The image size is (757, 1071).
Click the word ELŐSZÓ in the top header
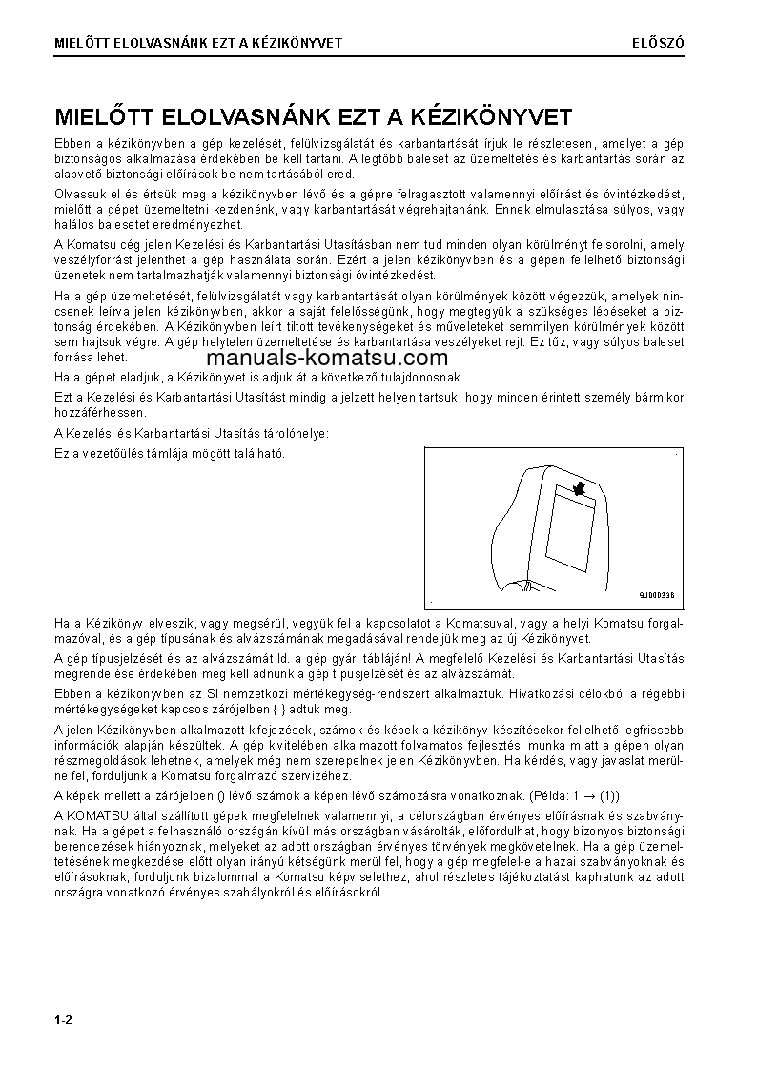(x=659, y=43)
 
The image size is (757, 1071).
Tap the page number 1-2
(x=64, y=1020)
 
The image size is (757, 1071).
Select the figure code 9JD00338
(x=657, y=595)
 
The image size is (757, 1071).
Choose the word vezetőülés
(x=118, y=453)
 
